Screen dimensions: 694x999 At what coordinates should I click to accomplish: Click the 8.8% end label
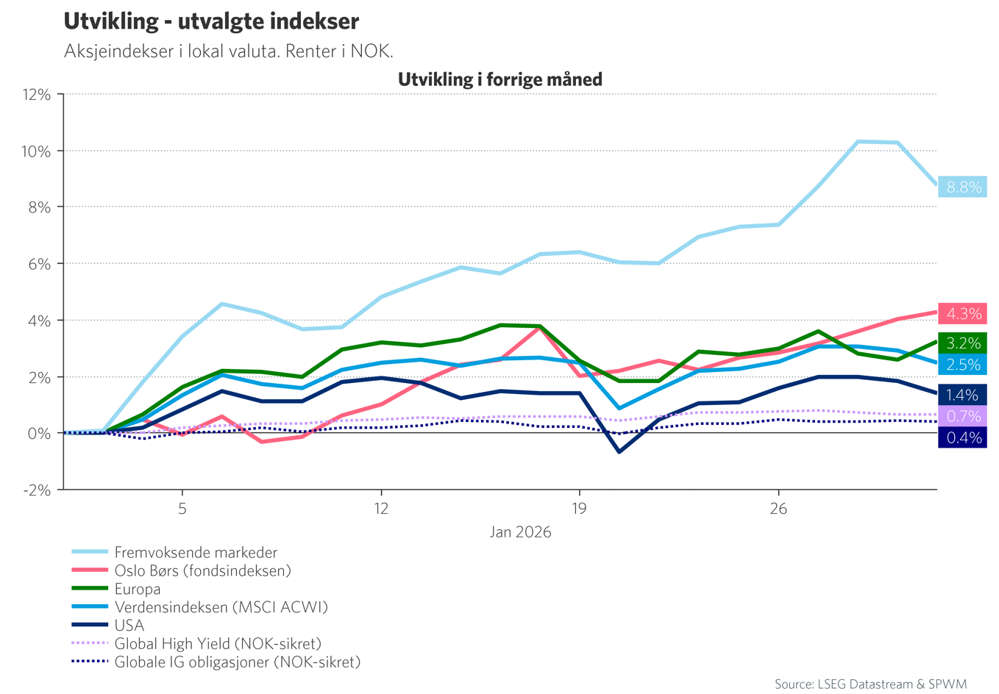(963, 187)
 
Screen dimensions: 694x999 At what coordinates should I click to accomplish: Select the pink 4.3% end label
(963, 314)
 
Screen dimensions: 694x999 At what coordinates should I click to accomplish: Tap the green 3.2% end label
(963, 343)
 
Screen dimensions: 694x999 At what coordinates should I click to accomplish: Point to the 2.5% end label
(963, 365)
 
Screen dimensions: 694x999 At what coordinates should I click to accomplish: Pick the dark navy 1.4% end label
(963, 395)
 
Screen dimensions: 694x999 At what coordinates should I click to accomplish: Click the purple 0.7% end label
(963, 416)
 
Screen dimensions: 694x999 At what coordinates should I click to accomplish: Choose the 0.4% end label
(963, 437)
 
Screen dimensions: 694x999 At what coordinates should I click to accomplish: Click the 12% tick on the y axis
(37, 95)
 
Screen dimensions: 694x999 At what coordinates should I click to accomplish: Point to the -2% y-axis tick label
(37, 490)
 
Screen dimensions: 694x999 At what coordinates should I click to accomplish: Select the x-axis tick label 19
(579, 509)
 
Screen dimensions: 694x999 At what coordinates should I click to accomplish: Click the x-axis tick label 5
(182, 509)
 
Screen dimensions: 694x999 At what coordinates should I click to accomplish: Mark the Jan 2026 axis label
(520, 532)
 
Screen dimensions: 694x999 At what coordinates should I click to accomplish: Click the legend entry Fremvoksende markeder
(196, 552)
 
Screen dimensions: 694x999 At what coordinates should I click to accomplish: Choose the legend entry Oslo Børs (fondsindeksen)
(202, 570)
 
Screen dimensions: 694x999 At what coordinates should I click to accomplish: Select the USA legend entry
(129, 626)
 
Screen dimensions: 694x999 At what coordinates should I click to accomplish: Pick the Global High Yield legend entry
(218, 644)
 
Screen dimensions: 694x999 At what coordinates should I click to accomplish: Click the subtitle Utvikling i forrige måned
(500, 79)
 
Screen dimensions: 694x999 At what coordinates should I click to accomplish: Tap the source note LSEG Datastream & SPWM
(870, 684)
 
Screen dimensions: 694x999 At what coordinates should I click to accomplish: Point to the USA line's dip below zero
(619, 451)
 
